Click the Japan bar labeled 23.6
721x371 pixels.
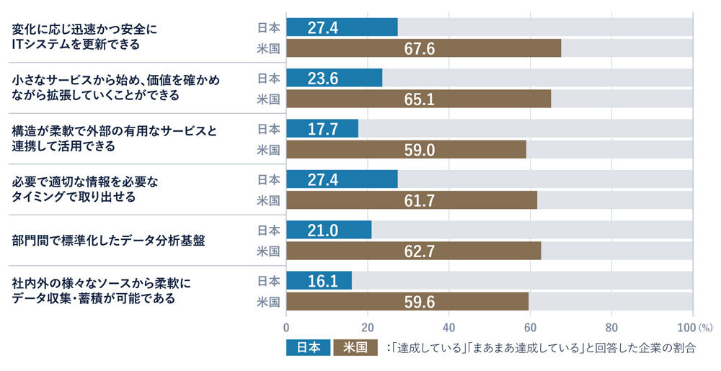click(x=335, y=78)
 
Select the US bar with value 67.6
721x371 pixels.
click(x=423, y=48)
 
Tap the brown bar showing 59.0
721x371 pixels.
click(x=406, y=149)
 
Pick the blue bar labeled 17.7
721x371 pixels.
click(x=322, y=128)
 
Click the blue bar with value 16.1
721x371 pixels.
click(x=319, y=280)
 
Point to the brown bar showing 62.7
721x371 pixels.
click(x=413, y=251)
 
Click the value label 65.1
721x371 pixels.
click(x=419, y=99)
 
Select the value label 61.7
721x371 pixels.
click(x=419, y=200)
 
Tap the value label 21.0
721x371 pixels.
click(x=322, y=230)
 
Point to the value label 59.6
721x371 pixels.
click(x=419, y=302)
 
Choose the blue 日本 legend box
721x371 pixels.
click(x=308, y=348)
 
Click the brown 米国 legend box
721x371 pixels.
click(x=355, y=348)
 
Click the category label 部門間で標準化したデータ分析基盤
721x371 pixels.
click(x=109, y=240)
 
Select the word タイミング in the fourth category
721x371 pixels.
click(x=40, y=196)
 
